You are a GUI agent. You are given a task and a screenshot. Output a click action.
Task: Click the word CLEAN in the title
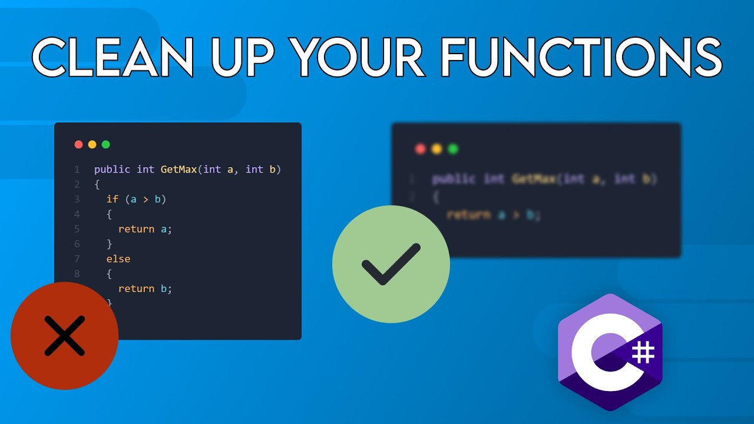tap(113, 57)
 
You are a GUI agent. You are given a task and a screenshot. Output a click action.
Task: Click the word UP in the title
tap(243, 57)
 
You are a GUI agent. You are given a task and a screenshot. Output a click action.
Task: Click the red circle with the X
tap(64, 336)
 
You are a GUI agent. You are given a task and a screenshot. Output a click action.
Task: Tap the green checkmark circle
tap(391, 264)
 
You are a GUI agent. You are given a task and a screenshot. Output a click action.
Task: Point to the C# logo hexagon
tap(610, 352)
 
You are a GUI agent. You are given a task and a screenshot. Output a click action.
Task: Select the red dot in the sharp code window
tap(78, 144)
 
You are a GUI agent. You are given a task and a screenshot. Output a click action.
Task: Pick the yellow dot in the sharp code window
tap(92, 144)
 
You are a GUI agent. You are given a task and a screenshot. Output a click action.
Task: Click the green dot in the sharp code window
tap(106, 144)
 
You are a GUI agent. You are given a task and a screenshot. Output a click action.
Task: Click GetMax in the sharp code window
tap(179, 170)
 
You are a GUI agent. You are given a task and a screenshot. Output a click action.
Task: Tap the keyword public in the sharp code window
tap(112, 170)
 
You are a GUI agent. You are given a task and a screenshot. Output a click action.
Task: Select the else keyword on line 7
tap(118, 259)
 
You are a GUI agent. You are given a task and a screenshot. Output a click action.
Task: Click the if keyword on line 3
tap(112, 199)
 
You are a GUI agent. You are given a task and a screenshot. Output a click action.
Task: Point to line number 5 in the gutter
tap(77, 229)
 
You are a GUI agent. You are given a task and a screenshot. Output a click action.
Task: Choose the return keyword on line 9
tap(136, 289)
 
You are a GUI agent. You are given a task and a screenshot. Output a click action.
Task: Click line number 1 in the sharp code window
tap(77, 170)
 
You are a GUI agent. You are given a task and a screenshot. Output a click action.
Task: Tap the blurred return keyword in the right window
tap(469, 215)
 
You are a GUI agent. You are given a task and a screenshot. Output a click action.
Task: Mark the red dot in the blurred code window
tap(420, 149)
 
